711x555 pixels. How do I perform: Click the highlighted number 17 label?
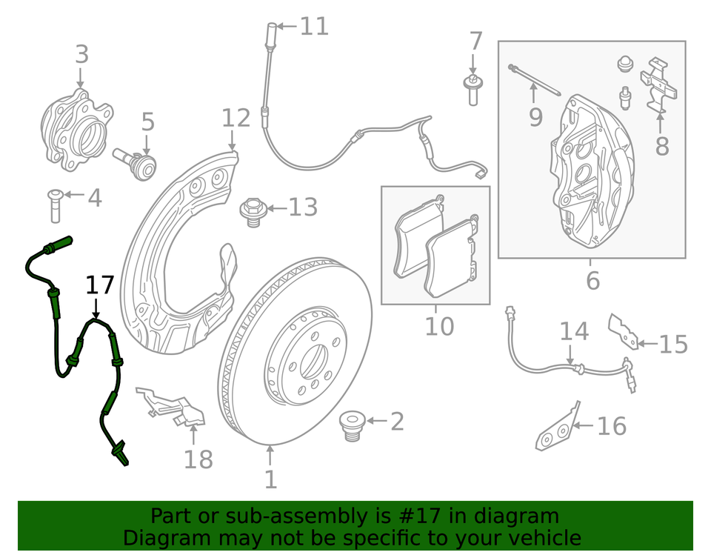click(x=100, y=285)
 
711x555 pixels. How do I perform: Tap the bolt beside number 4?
click(x=54, y=205)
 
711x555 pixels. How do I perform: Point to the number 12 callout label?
click(x=236, y=118)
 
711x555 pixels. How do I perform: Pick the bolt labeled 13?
click(x=254, y=210)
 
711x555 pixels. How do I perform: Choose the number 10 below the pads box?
click(x=438, y=326)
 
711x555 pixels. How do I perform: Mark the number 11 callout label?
click(x=314, y=27)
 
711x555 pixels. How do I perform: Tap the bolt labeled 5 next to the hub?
click(x=136, y=161)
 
